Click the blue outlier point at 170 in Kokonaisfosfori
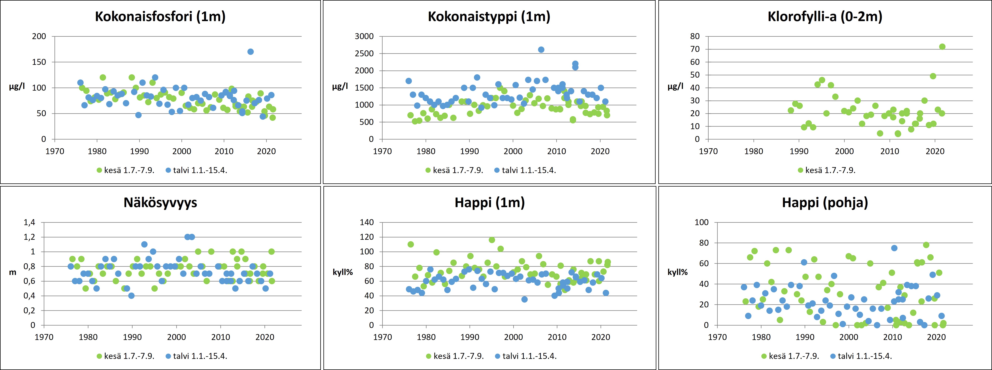tap(250, 52)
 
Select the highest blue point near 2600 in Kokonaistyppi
tap(541, 50)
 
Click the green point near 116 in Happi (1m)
tap(492, 240)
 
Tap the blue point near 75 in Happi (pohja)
tap(894, 248)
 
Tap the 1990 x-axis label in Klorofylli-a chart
tap(799, 151)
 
